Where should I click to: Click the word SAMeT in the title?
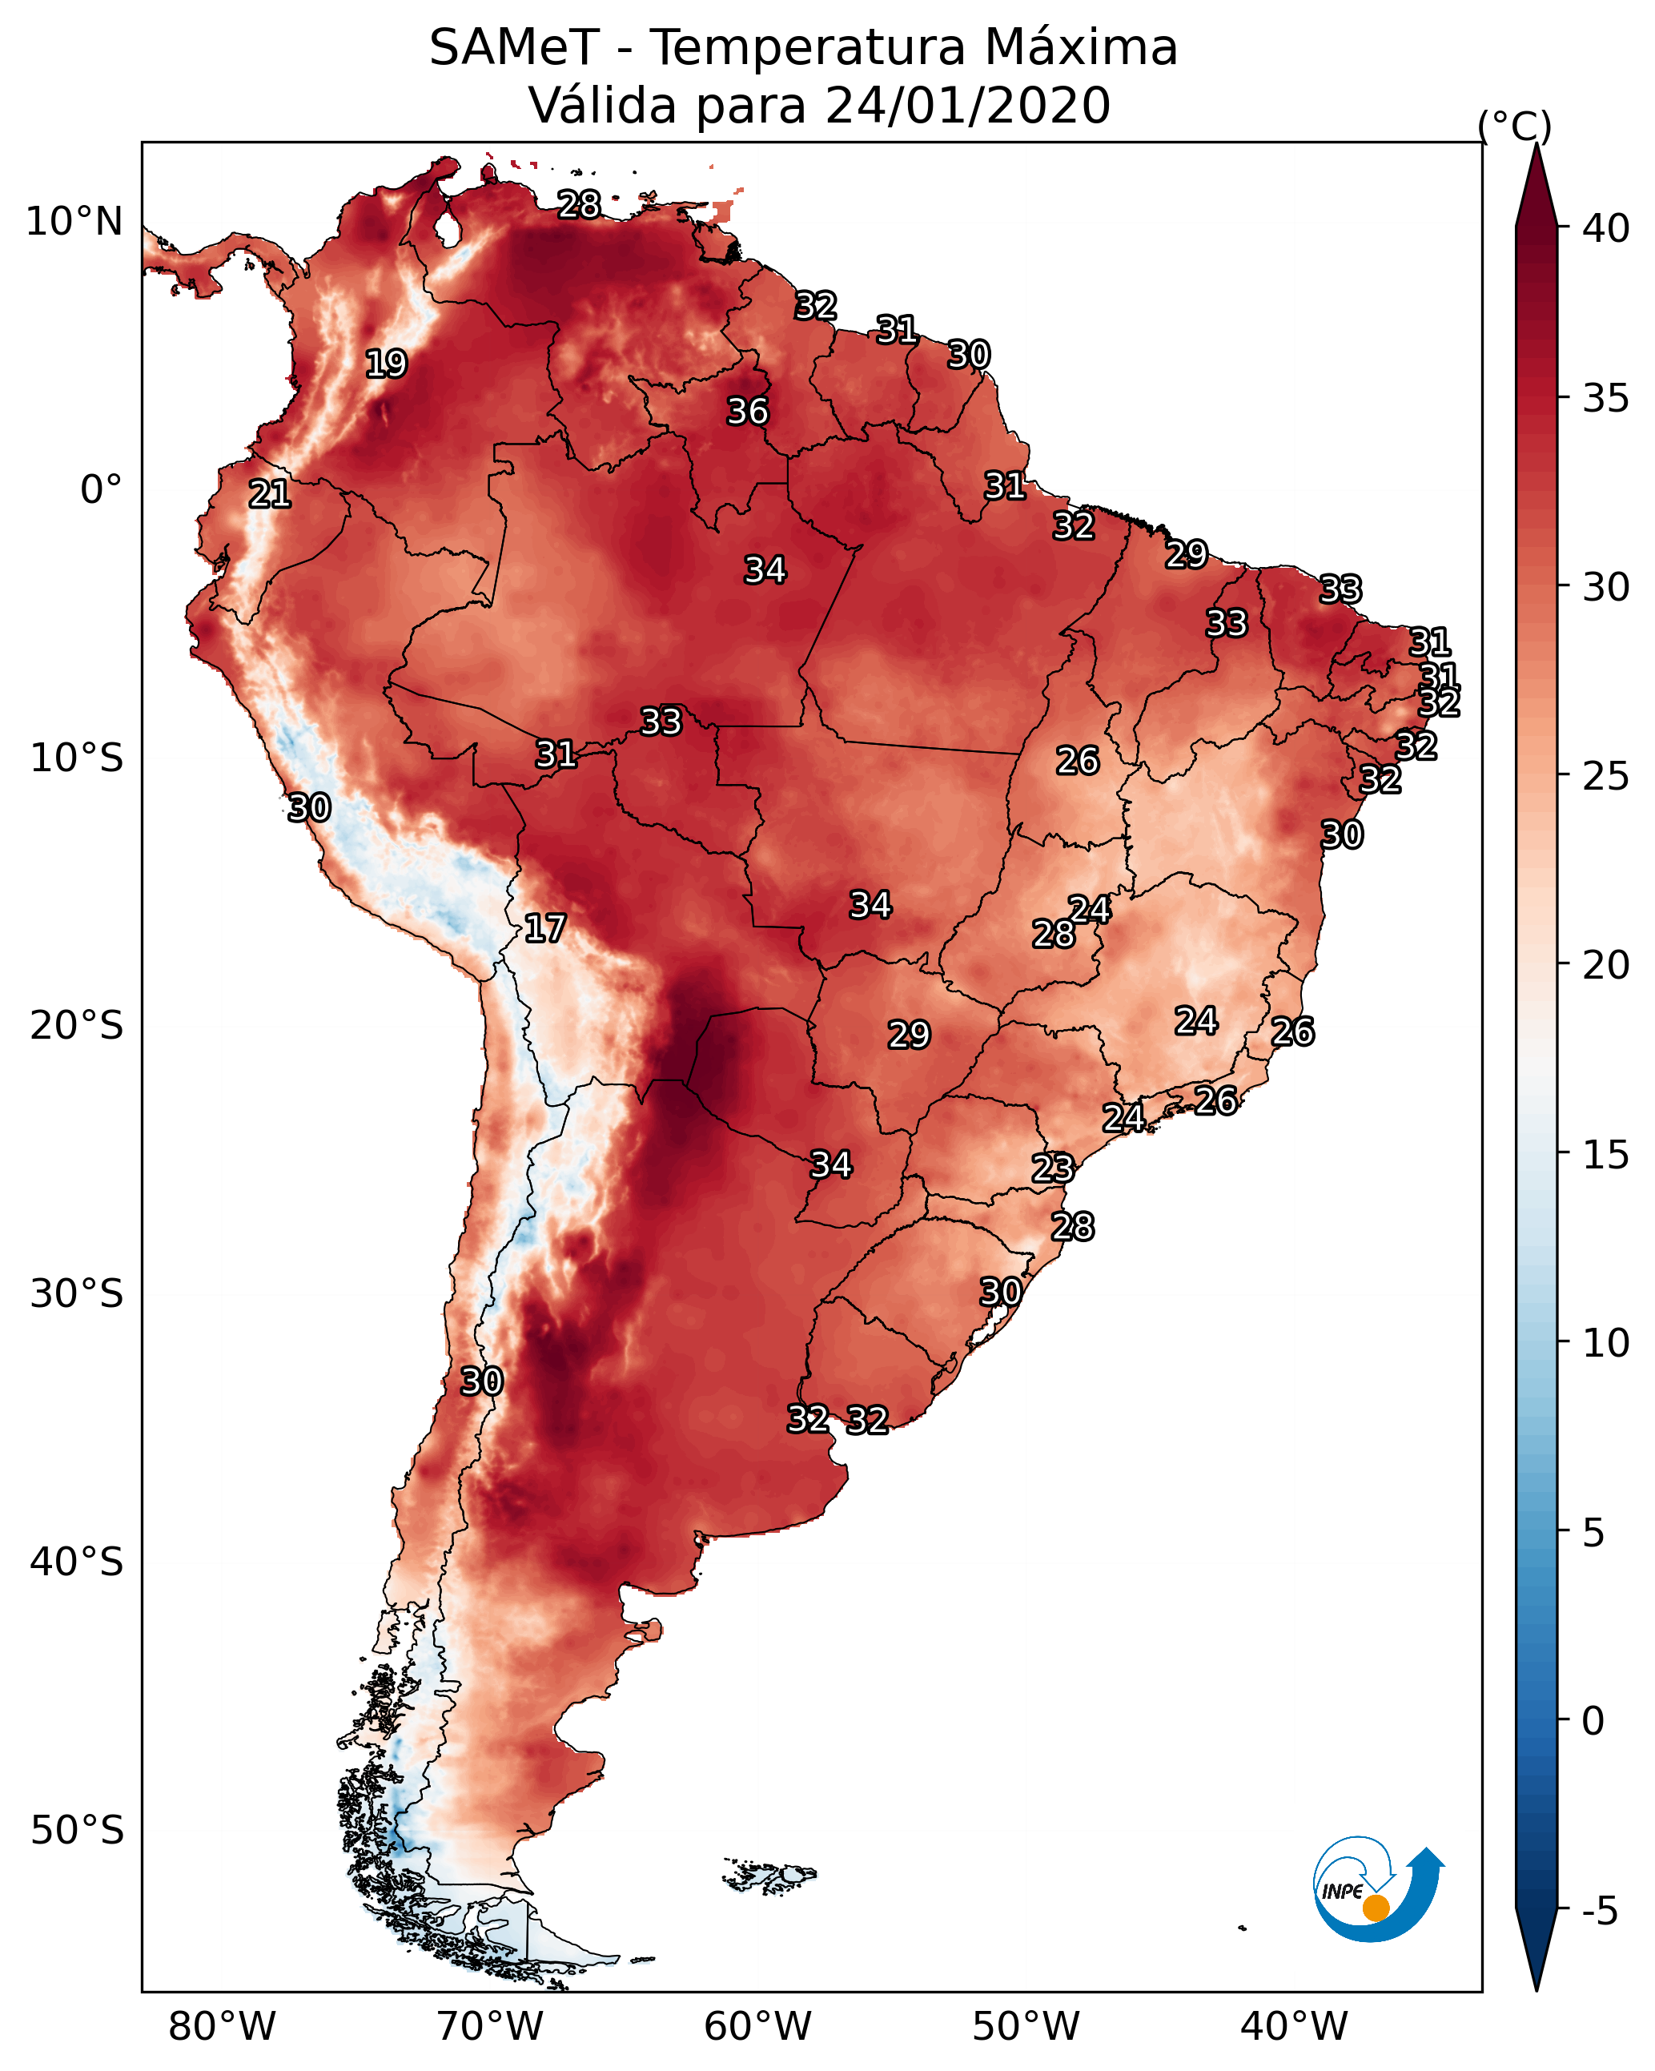coord(514,48)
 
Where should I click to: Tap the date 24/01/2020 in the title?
coord(967,106)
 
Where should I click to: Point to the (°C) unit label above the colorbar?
coord(1515,127)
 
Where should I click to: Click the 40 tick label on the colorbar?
coord(1606,228)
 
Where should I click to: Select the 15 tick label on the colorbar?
coord(1606,1155)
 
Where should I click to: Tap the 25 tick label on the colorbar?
coord(1606,776)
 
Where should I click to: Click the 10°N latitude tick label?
coord(74,222)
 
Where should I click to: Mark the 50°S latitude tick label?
coord(77,1830)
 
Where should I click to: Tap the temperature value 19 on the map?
coord(386,364)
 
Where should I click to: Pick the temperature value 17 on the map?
coord(544,928)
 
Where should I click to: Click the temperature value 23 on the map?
coord(1053,1168)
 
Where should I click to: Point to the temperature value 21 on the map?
coord(270,494)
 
